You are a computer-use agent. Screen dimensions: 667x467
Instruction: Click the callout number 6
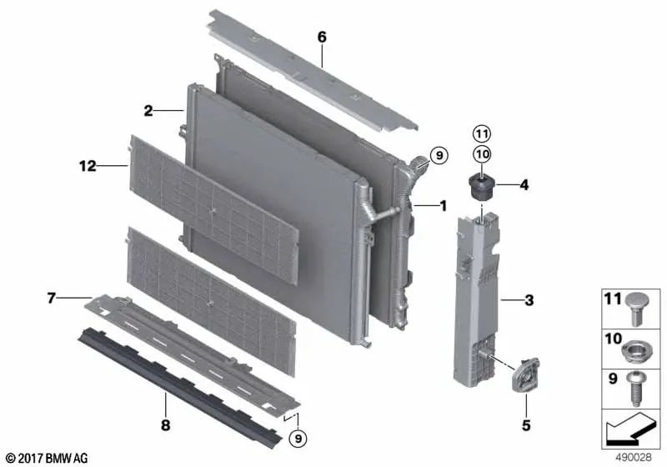click(322, 38)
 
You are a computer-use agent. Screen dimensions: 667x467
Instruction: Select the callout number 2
click(148, 111)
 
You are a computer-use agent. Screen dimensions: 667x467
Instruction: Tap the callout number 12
click(88, 166)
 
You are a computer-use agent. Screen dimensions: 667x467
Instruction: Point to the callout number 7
click(51, 299)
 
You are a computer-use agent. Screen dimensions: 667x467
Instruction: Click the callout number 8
click(165, 424)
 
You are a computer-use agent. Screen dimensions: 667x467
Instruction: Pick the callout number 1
click(444, 206)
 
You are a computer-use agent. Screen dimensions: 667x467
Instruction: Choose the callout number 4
click(524, 185)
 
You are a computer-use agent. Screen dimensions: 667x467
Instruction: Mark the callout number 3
click(529, 300)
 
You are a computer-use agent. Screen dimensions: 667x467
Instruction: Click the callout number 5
click(526, 425)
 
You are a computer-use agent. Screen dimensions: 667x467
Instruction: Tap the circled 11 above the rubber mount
click(482, 134)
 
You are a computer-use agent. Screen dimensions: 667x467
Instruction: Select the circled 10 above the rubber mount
click(482, 154)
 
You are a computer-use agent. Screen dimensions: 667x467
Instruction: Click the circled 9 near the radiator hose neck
click(439, 155)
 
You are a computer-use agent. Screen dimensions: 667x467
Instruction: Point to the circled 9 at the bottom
click(298, 438)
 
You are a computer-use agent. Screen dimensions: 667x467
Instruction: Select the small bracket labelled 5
click(525, 374)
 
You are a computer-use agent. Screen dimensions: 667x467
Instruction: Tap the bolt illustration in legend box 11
click(636, 309)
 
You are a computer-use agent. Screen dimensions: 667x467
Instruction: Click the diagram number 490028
click(634, 458)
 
